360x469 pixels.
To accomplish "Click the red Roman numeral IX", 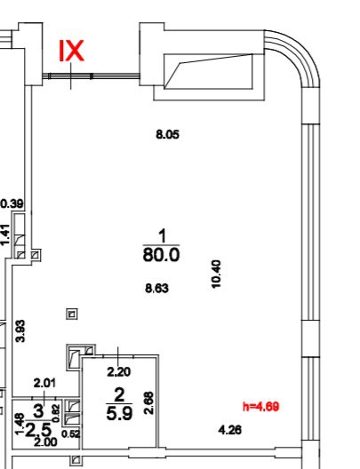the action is coord(71,52).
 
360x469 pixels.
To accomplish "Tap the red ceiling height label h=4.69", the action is coord(261,407).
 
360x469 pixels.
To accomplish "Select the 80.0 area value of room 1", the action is coord(161,255).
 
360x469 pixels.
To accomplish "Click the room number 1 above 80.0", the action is coord(163,235).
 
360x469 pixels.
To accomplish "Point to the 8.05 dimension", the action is coord(168,135).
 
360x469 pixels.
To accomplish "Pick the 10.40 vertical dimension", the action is coord(216,274).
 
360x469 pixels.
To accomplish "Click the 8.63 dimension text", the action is coord(156,289).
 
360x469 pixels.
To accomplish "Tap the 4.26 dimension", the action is coord(230,430).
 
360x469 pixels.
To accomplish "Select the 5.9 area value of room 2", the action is coord(119,414).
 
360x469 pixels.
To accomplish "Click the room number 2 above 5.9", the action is coord(119,394).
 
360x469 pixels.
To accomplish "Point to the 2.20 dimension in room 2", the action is coord(119,372).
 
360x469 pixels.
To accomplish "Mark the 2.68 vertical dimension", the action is coord(148,403).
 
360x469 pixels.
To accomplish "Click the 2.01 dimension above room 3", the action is coord(44,383).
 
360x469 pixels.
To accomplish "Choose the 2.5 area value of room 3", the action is coord(38,431).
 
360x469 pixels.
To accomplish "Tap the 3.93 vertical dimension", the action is coord(20,330).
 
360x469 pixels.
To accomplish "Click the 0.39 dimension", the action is coord(12,204).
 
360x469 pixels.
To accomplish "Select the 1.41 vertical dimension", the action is coord(5,235).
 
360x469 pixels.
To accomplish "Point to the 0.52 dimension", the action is coord(71,434).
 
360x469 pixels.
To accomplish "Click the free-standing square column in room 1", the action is coord(72,314).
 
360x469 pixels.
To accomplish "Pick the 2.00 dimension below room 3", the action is coord(45,442).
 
